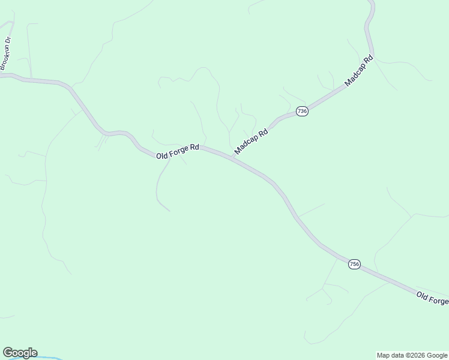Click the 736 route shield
[302, 112]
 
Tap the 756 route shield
[354, 264]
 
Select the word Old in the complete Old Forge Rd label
[163, 156]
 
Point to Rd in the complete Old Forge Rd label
[194, 147]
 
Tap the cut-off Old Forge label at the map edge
[432, 298]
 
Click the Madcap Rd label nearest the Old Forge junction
[251, 140]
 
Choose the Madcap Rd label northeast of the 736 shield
[359, 70]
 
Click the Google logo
[20, 353]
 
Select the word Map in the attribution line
[384, 355]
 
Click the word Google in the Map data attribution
[436, 355]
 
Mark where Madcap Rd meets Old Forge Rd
[232, 158]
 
